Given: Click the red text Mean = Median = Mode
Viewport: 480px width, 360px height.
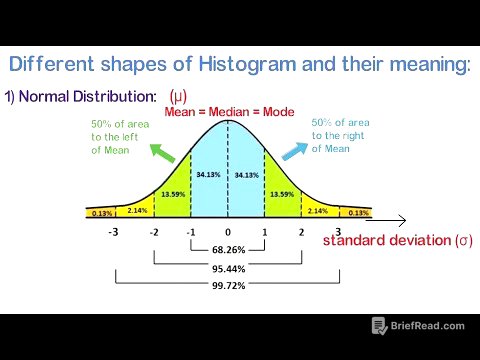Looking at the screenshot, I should click(x=229, y=112).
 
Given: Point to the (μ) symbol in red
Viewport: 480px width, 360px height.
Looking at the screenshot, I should click(x=178, y=97).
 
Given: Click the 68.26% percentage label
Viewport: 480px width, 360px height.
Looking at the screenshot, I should click(x=227, y=249).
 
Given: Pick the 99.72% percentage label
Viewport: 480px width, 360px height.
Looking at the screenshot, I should click(x=227, y=285).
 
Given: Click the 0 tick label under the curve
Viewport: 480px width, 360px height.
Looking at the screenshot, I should click(x=227, y=232).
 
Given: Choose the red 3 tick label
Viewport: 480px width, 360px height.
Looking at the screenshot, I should click(x=339, y=233).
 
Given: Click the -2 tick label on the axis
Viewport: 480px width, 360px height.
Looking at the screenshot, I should click(x=154, y=233).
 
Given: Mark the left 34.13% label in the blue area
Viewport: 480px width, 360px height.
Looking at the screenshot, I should click(x=208, y=175).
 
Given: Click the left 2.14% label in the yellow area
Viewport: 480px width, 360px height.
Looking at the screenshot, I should click(x=137, y=210).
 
